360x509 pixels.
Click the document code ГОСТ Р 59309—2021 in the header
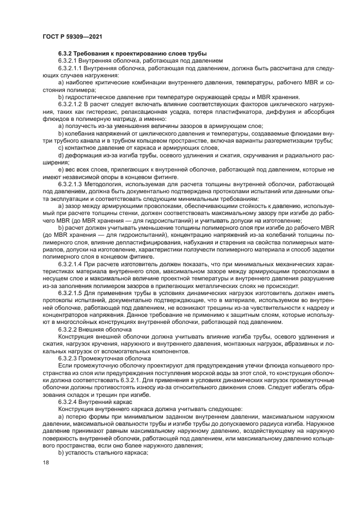coord(72,36)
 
